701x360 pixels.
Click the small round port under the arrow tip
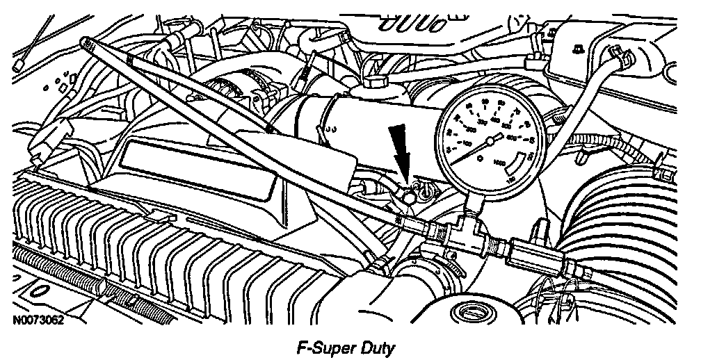(410, 199)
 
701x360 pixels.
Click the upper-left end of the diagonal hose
(87, 43)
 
